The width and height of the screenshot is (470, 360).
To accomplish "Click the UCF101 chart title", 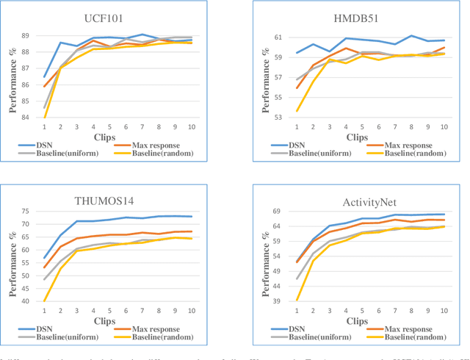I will tap(117, 18).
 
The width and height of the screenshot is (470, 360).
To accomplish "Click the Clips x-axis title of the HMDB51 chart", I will tap(355, 136).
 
